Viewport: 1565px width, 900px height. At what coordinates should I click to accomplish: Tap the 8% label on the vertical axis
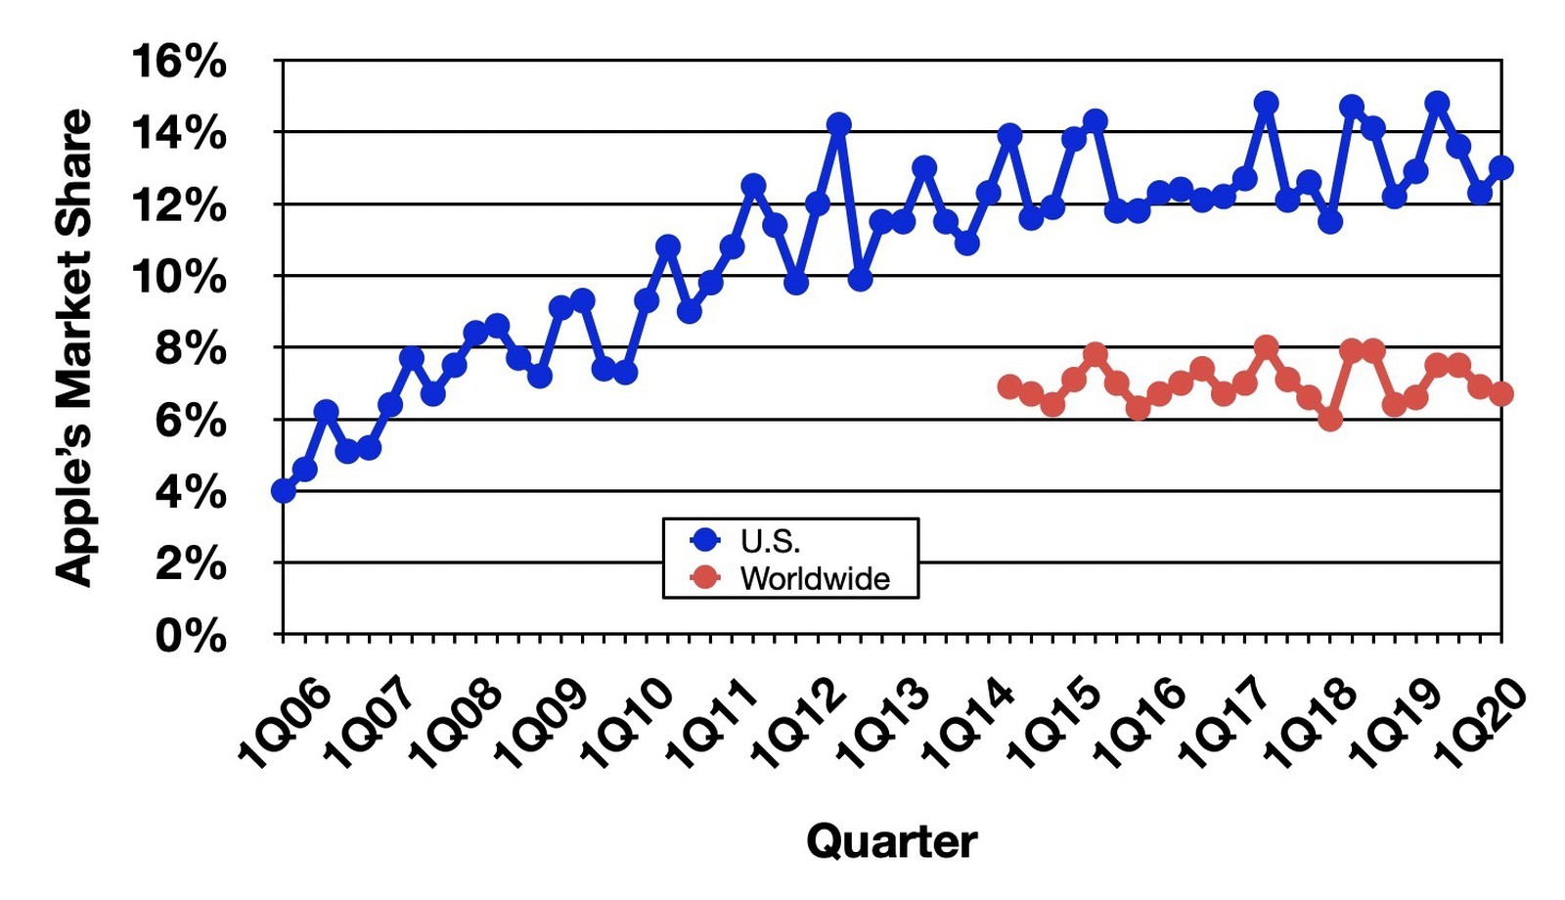coord(191,348)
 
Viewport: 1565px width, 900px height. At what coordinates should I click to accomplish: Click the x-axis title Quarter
coord(891,841)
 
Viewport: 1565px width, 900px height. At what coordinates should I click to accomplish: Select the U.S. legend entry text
coord(770,540)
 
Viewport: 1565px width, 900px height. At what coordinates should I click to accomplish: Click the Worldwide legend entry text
coord(815,578)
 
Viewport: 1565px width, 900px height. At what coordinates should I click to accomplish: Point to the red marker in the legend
coord(704,578)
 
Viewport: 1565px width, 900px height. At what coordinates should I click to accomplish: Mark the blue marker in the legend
coord(704,540)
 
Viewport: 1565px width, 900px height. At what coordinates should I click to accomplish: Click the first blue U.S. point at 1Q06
coord(284,490)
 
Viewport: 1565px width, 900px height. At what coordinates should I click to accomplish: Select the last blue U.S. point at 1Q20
coord(1501,167)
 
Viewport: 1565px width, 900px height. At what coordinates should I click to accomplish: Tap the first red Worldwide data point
coord(1009,386)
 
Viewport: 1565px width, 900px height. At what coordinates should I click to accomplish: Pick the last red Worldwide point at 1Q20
coord(1501,394)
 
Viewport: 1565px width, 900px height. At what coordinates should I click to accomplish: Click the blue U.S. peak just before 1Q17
coord(1267,103)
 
